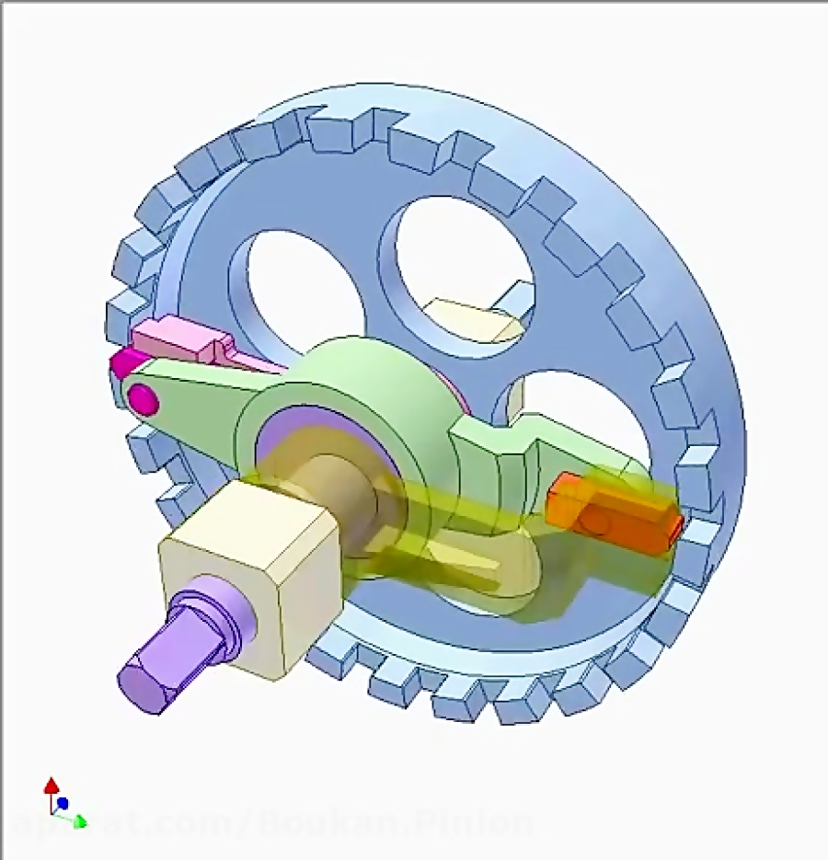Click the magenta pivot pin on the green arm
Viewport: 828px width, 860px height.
tap(142, 398)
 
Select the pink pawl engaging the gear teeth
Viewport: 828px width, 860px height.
tap(184, 340)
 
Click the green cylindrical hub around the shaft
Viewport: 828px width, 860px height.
tap(368, 386)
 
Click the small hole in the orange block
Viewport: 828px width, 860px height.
tap(595, 522)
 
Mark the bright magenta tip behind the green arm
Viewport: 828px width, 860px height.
tap(121, 363)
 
